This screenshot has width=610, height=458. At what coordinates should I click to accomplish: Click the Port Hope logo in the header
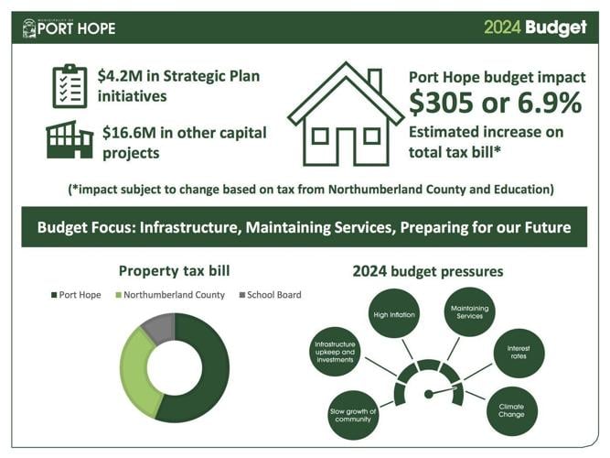click(x=70, y=27)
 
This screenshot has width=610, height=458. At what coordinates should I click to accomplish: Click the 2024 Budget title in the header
click(x=535, y=27)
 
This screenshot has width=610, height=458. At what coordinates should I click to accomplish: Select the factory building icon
click(x=70, y=139)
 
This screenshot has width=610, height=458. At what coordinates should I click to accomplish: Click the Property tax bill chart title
click(x=175, y=272)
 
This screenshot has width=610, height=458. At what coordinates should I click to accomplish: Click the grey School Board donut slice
click(x=158, y=327)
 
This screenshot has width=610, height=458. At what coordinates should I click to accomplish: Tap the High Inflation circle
click(x=395, y=314)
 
